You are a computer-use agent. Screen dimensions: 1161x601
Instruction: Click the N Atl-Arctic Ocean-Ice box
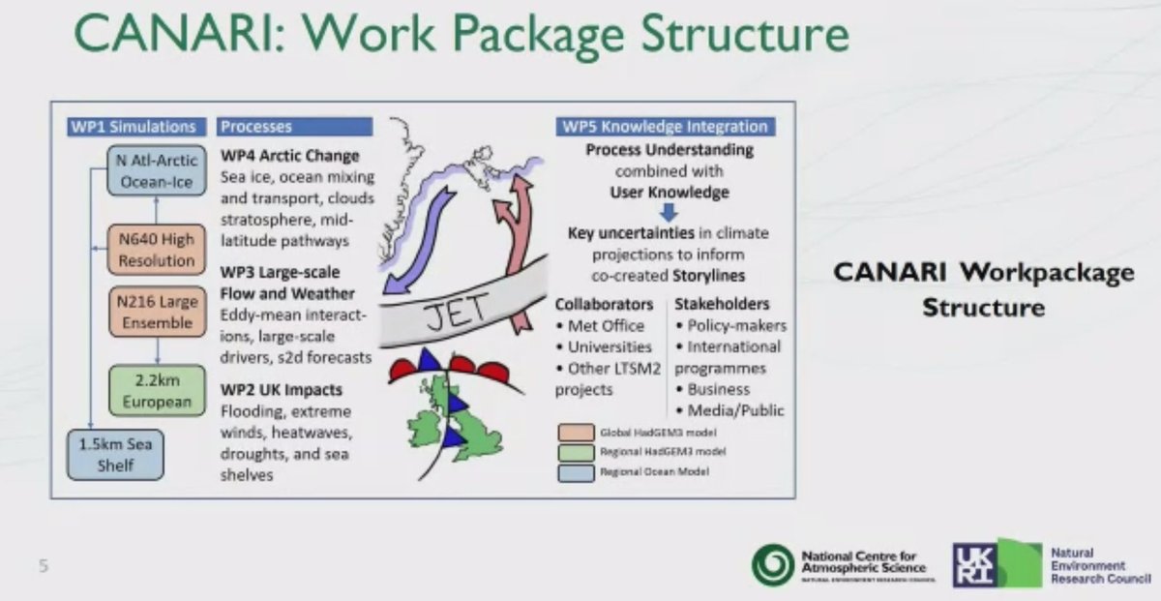pos(150,170)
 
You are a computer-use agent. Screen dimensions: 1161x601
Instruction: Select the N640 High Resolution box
pos(150,251)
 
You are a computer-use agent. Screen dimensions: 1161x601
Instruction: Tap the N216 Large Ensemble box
pos(150,313)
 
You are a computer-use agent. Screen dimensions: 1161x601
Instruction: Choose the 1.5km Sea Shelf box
pos(115,455)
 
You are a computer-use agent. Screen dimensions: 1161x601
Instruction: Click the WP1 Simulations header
pos(134,127)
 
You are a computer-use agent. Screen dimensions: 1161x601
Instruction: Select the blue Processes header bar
pos(294,127)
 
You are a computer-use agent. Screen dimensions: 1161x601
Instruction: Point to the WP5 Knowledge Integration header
pos(665,127)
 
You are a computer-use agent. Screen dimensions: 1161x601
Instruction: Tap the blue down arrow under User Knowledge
pos(669,212)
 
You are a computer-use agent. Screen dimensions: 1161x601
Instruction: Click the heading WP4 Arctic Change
pos(289,155)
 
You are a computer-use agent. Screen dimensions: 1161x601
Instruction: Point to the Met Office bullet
pos(605,325)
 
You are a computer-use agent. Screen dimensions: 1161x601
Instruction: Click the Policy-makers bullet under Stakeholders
pos(735,325)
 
